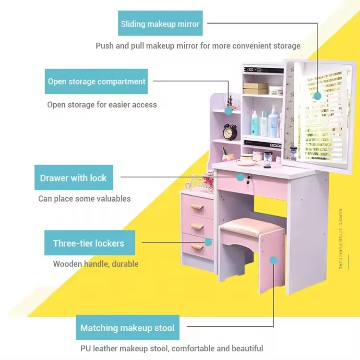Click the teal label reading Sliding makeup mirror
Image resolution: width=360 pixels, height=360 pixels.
click(x=160, y=24)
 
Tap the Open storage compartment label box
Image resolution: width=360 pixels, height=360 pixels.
click(x=96, y=82)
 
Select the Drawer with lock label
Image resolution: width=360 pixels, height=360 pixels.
click(x=73, y=178)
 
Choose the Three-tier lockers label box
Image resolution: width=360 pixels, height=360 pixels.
click(x=89, y=243)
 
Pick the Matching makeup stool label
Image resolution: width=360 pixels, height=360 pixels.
click(x=127, y=328)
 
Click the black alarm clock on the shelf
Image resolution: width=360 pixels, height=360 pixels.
click(x=230, y=132)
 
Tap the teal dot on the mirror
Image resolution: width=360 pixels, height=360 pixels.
click(x=317, y=96)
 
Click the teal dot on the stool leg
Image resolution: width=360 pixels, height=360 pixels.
click(x=273, y=261)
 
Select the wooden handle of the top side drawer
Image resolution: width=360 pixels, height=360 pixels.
click(x=197, y=207)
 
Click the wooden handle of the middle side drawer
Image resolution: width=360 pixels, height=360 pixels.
click(x=197, y=227)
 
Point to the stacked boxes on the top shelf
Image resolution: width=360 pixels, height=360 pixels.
click(x=255, y=88)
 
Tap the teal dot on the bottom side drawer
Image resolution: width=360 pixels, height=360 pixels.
click(x=209, y=242)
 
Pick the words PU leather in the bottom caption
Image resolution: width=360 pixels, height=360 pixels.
click(x=100, y=348)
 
